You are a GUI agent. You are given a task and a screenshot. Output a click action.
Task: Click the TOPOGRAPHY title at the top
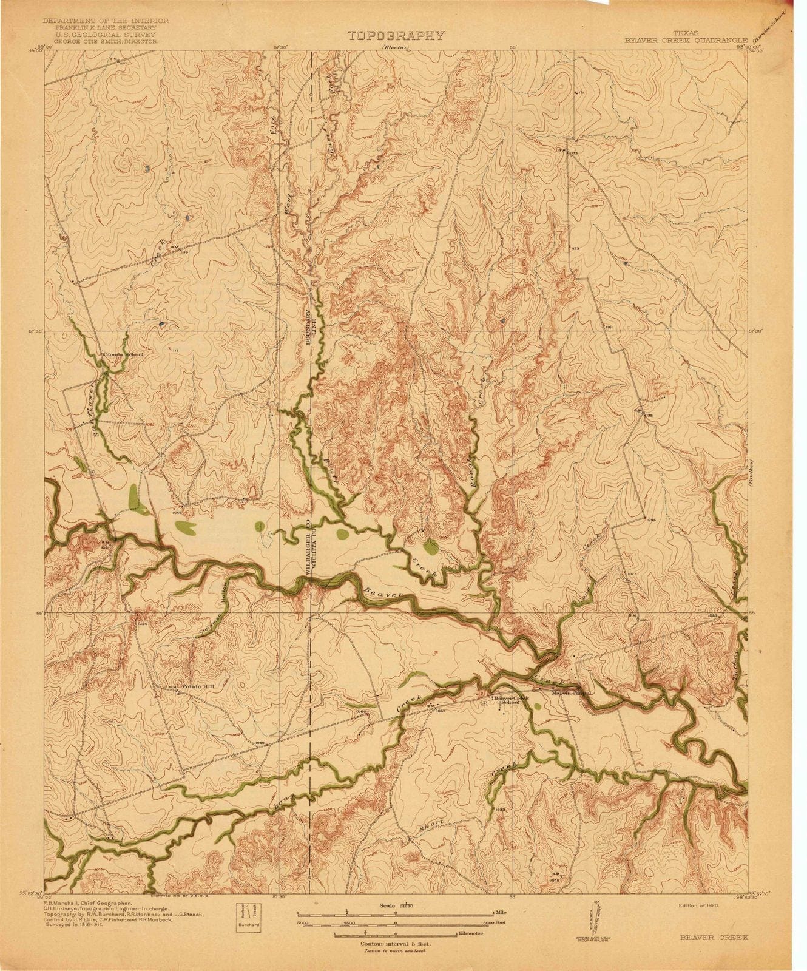pos(395,36)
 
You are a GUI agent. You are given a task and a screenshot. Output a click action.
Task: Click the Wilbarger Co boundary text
pos(307,544)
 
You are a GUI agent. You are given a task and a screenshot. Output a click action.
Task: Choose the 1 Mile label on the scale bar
pos(500,912)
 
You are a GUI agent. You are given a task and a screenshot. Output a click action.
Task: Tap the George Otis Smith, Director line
pos(100,42)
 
